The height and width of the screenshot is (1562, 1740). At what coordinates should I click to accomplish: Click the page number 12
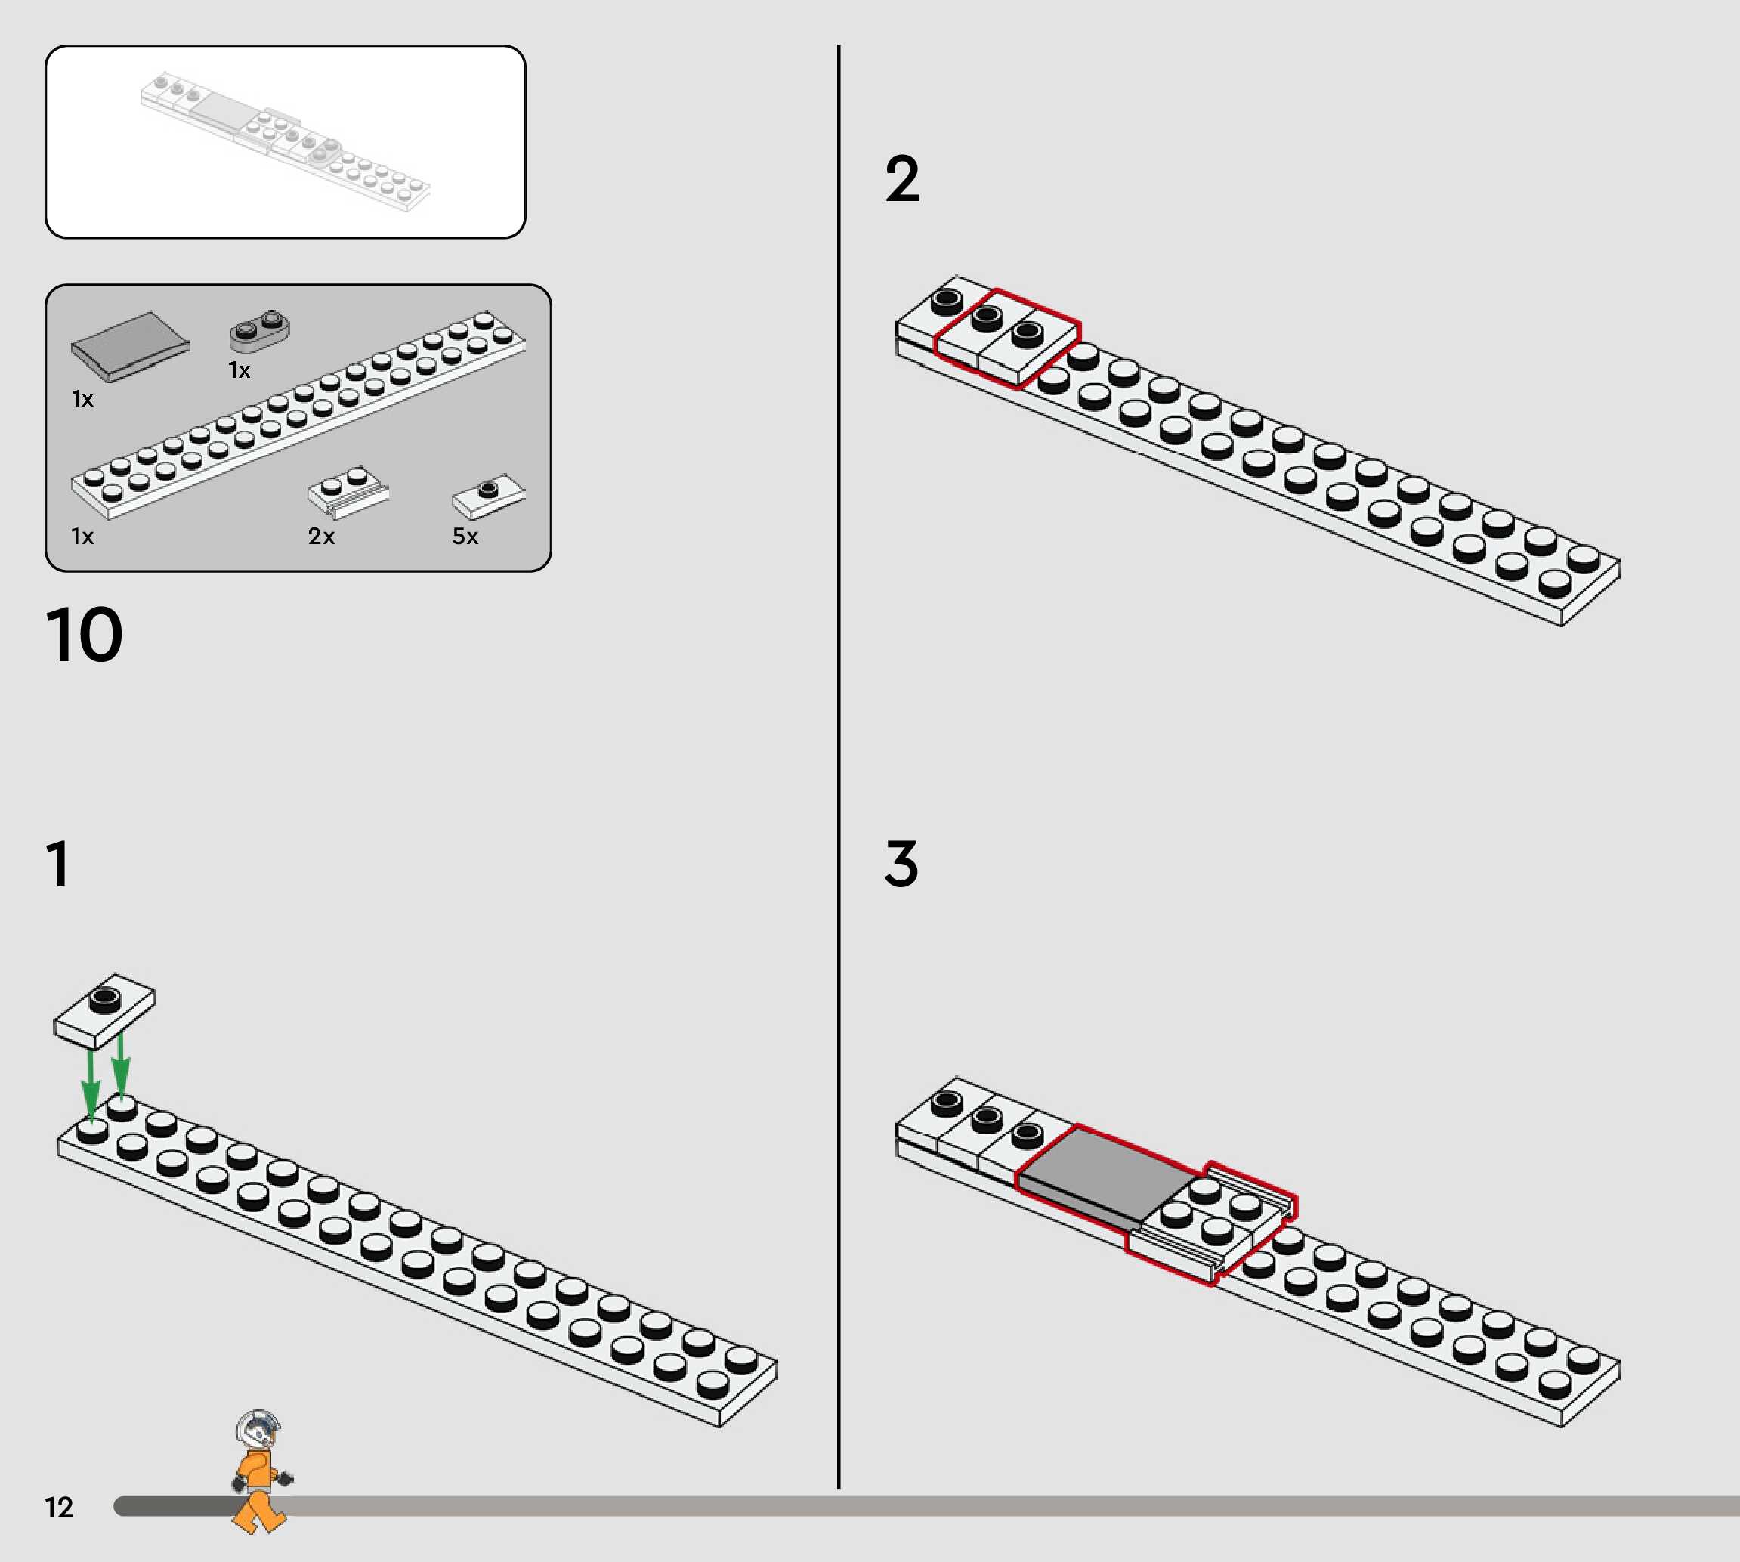(x=59, y=1507)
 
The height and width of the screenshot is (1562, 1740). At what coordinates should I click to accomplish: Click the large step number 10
(x=84, y=635)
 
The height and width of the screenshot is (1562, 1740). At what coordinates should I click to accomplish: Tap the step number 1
(x=57, y=864)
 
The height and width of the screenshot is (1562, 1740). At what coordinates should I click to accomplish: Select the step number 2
(x=902, y=179)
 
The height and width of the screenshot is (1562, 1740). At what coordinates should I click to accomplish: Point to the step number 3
(x=901, y=864)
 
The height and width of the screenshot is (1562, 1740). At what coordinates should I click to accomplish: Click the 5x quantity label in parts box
(x=465, y=537)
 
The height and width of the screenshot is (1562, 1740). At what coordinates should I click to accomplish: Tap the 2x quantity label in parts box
(x=321, y=537)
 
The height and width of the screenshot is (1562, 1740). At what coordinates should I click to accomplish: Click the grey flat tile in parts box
(x=129, y=345)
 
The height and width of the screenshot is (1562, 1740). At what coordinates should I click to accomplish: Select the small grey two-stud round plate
(x=259, y=329)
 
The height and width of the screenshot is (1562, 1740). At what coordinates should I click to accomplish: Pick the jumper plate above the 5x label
(x=488, y=495)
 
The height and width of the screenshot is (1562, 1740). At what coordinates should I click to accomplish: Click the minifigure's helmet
(x=258, y=1429)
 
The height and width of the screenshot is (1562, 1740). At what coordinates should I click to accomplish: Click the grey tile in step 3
(x=1101, y=1171)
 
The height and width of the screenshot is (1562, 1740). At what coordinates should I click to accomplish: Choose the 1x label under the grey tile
(x=82, y=399)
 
